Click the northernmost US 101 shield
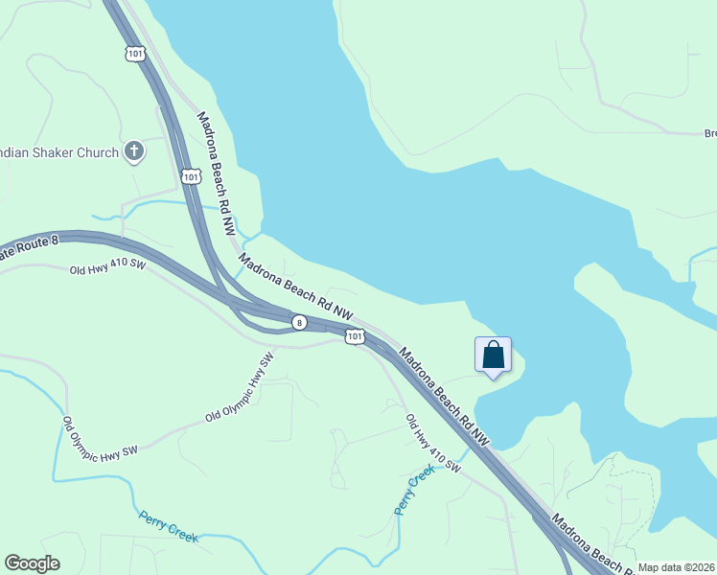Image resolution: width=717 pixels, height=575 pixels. [x=134, y=54]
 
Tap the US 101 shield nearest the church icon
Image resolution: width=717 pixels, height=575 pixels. [x=191, y=176]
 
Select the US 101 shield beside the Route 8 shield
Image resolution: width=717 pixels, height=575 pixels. [x=355, y=336]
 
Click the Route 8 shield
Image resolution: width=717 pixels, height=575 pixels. [x=300, y=323]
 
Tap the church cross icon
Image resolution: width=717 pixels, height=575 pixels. [x=134, y=150]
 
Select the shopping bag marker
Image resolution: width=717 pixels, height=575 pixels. [x=493, y=356]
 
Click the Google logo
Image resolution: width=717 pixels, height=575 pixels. [x=32, y=563]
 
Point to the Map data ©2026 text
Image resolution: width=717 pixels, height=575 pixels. [x=676, y=567]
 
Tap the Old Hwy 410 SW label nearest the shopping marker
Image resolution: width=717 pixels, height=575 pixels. [x=433, y=444]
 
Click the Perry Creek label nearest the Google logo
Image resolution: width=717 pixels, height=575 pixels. [x=169, y=526]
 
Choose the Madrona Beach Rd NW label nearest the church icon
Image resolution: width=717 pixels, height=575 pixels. [x=216, y=173]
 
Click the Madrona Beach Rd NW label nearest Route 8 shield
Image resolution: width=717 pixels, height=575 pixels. [x=296, y=287]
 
